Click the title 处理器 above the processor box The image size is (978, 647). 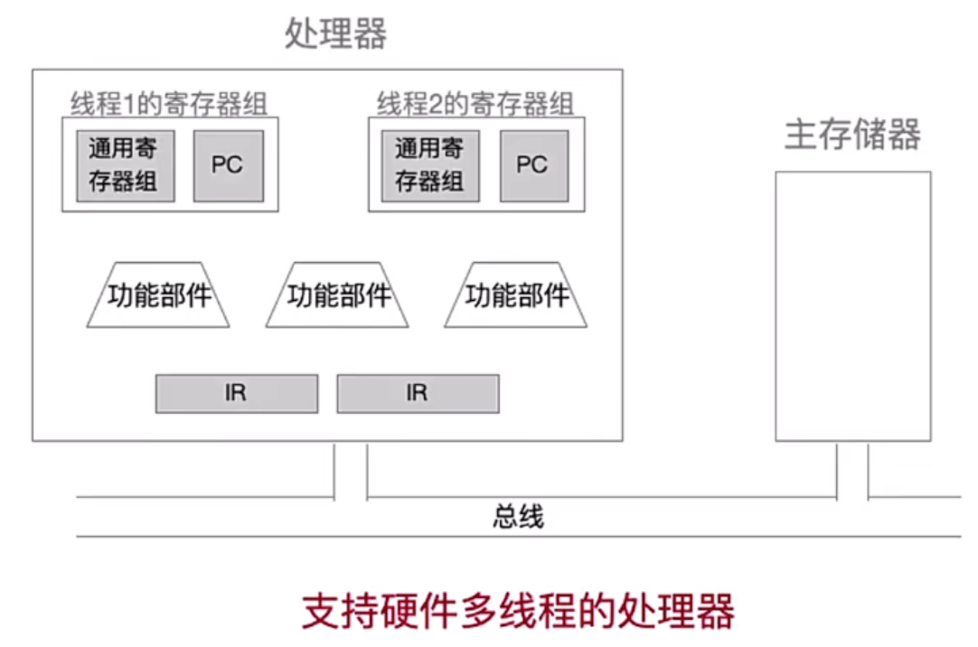click(335, 34)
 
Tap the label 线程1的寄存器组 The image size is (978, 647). click(169, 103)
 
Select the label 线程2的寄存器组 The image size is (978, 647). click(475, 103)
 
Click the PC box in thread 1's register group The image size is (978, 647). click(228, 165)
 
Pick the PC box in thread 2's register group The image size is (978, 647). click(532, 165)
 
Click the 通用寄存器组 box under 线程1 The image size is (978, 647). click(124, 164)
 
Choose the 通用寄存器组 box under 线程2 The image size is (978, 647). click(429, 164)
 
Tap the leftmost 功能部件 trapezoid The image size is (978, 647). click(159, 295)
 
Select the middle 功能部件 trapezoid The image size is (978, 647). click(338, 295)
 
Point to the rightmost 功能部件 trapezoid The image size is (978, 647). click(516, 295)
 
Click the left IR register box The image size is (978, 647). click(236, 394)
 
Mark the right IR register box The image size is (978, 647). click(417, 394)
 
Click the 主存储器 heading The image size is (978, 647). click(852, 135)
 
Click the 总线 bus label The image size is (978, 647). click(518, 517)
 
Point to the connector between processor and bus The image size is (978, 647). click(351, 470)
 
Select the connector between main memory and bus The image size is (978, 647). click(852, 470)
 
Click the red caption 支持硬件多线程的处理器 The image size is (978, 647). click(518, 612)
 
